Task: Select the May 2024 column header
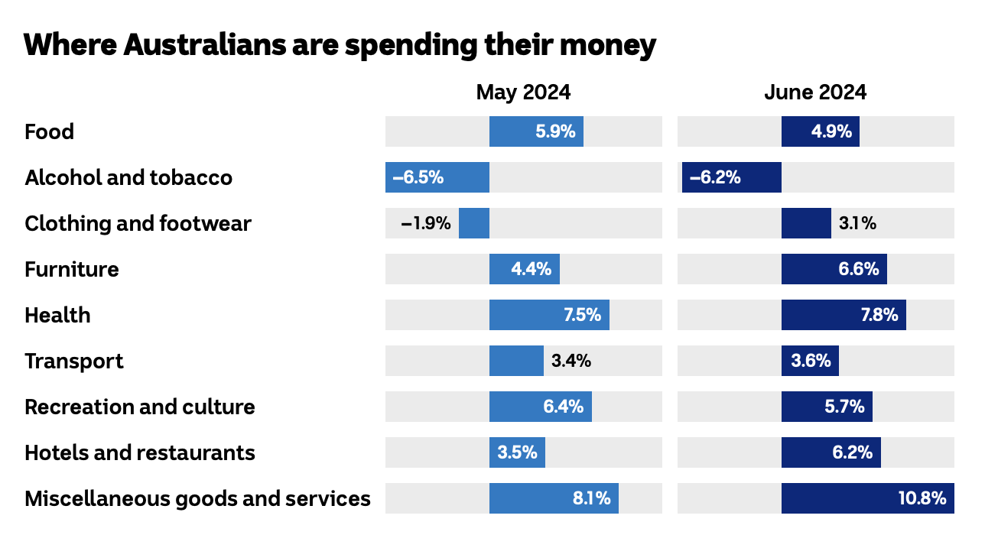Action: click(x=523, y=92)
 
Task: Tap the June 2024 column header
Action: click(x=815, y=92)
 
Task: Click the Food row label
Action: click(x=50, y=131)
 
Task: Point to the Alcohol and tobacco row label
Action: click(x=128, y=177)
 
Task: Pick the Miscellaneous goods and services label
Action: click(x=197, y=498)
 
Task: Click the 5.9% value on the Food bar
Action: click(x=555, y=131)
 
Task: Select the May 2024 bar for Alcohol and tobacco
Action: click(x=437, y=177)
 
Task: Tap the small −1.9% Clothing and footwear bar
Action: click(x=474, y=223)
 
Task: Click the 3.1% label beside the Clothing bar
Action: click(x=857, y=223)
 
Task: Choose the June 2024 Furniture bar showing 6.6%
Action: click(x=834, y=269)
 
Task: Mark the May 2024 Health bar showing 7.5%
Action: click(x=549, y=315)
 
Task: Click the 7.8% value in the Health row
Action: click(x=879, y=315)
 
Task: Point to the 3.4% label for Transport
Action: click(x=571, y=361)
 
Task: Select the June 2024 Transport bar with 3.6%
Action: click(x=810, y=361)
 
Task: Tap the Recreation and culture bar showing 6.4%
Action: click(x=540, y=407)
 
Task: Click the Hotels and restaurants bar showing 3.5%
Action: click(x=517, y=452)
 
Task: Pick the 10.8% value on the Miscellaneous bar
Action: click(x=922, y=498)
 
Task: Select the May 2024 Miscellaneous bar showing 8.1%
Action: click(x=554, y=498)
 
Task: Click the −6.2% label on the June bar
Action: click(x=715, y=177)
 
